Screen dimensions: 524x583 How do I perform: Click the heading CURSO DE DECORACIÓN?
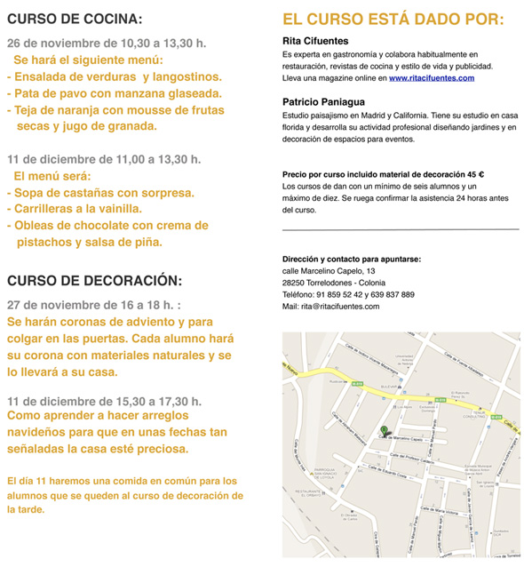click(x=94, y=280)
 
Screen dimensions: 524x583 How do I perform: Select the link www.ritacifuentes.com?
click(x=431, y=78)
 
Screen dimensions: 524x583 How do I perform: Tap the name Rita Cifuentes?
click(x=315, y=41)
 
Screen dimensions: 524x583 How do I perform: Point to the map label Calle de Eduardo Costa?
click(x=391, y=475)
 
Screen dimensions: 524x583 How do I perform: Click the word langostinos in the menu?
click(x=182, y=76)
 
